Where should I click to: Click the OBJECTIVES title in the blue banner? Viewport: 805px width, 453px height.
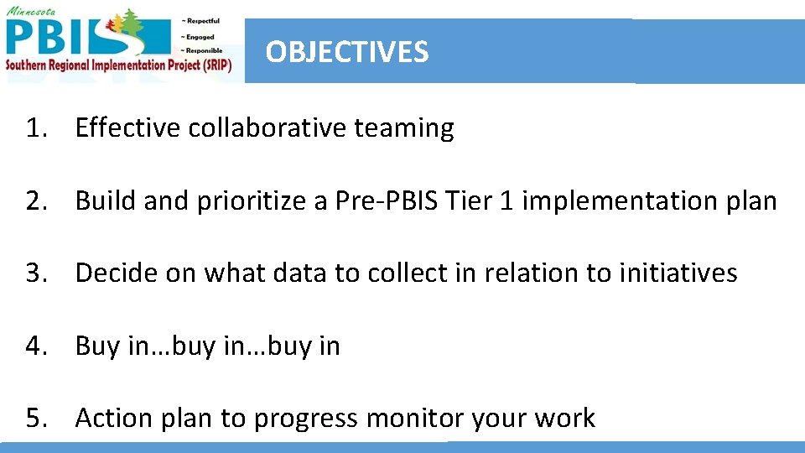pyautogui.click(x=347, y=52)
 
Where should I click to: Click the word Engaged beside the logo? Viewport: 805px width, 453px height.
pyautogui.click(x=197, y=36)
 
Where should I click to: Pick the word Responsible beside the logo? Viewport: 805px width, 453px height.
pyautogui.click(x=201, y=50)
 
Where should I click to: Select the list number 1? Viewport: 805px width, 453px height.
pyautogui.click(x=34, y=128)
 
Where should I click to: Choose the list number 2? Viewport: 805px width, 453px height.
pyautogui.click(x=34, y=201)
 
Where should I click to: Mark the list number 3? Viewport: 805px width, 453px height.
pyautogui.click(x=34, y=273)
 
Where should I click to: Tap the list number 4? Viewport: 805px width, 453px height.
pyautogui.click(x=34, y=346)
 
